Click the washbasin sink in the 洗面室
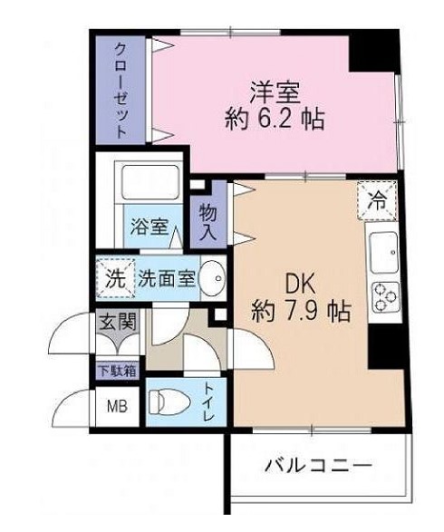click(x=212, y=278)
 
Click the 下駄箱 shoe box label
click(x=118, y=370)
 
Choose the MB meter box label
click(x=118, y=404)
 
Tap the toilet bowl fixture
click(x=169, y=399)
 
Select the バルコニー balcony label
click(x=318, y=468)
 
